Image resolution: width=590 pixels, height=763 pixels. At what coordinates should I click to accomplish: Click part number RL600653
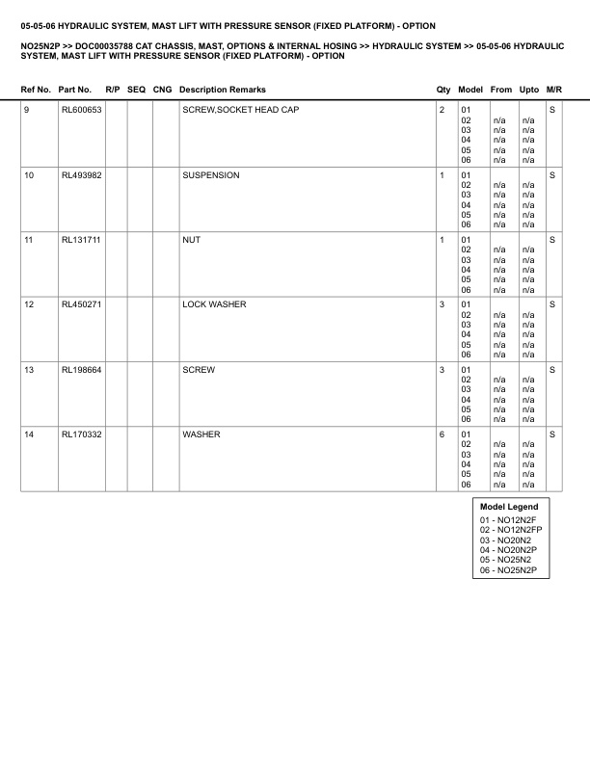pyautogui.click(x=81, y=110)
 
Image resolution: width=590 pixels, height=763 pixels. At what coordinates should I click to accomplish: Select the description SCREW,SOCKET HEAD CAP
pyautogui.click(x=240, y=110)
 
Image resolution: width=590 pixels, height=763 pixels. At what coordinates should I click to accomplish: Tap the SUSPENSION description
pyautogui.click(x=211, y=175)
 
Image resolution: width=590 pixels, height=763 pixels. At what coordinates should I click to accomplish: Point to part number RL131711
pyautogui.click(x=81, y=240)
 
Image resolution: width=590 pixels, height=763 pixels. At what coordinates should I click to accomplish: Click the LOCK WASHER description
pyautogui.click(x=214, y=304)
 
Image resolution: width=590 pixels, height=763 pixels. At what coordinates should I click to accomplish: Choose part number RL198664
pyautogui.click(x=81, y=370)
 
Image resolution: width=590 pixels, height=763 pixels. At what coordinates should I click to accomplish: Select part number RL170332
pyautogui.click(x=81, y=434)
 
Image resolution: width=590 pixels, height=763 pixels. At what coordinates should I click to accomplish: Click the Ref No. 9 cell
pyautogui.click(x=26, y=110)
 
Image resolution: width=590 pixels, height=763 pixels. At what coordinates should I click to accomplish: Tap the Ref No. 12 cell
pyautogui.click(x=29, y=304)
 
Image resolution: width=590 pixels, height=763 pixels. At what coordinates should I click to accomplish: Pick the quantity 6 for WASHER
pyautogui.click(x=442, y=434)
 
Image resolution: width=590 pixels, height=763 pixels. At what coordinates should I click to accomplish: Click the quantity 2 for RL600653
pyautogui.click(x=442, y=110)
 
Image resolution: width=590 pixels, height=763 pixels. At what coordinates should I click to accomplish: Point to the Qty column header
pyautogui.click(x=443, y=90)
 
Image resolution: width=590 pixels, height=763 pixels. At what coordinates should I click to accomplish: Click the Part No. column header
pyautogui.click(x=75, y=90)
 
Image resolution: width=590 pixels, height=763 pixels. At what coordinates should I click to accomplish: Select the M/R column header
pyautogui.click(x=553, y=90)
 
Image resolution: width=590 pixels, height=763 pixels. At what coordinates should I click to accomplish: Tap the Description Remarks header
pyautogui.click(x=223, y=90)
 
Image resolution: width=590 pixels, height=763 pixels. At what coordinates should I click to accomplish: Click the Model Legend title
pyautogui.click(x=509, y=507)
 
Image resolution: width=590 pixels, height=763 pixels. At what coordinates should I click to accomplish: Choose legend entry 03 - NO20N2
pyautogui.click(x=504, y=540)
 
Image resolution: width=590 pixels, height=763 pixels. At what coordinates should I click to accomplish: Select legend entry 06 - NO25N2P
pyautogui.click(x=508, y=570)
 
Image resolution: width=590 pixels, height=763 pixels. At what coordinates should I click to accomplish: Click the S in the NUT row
pyautogui.click(x=552, y=240)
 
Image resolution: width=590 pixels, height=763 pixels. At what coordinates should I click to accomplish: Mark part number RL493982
pyautogui.click(x=81, y=175)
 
